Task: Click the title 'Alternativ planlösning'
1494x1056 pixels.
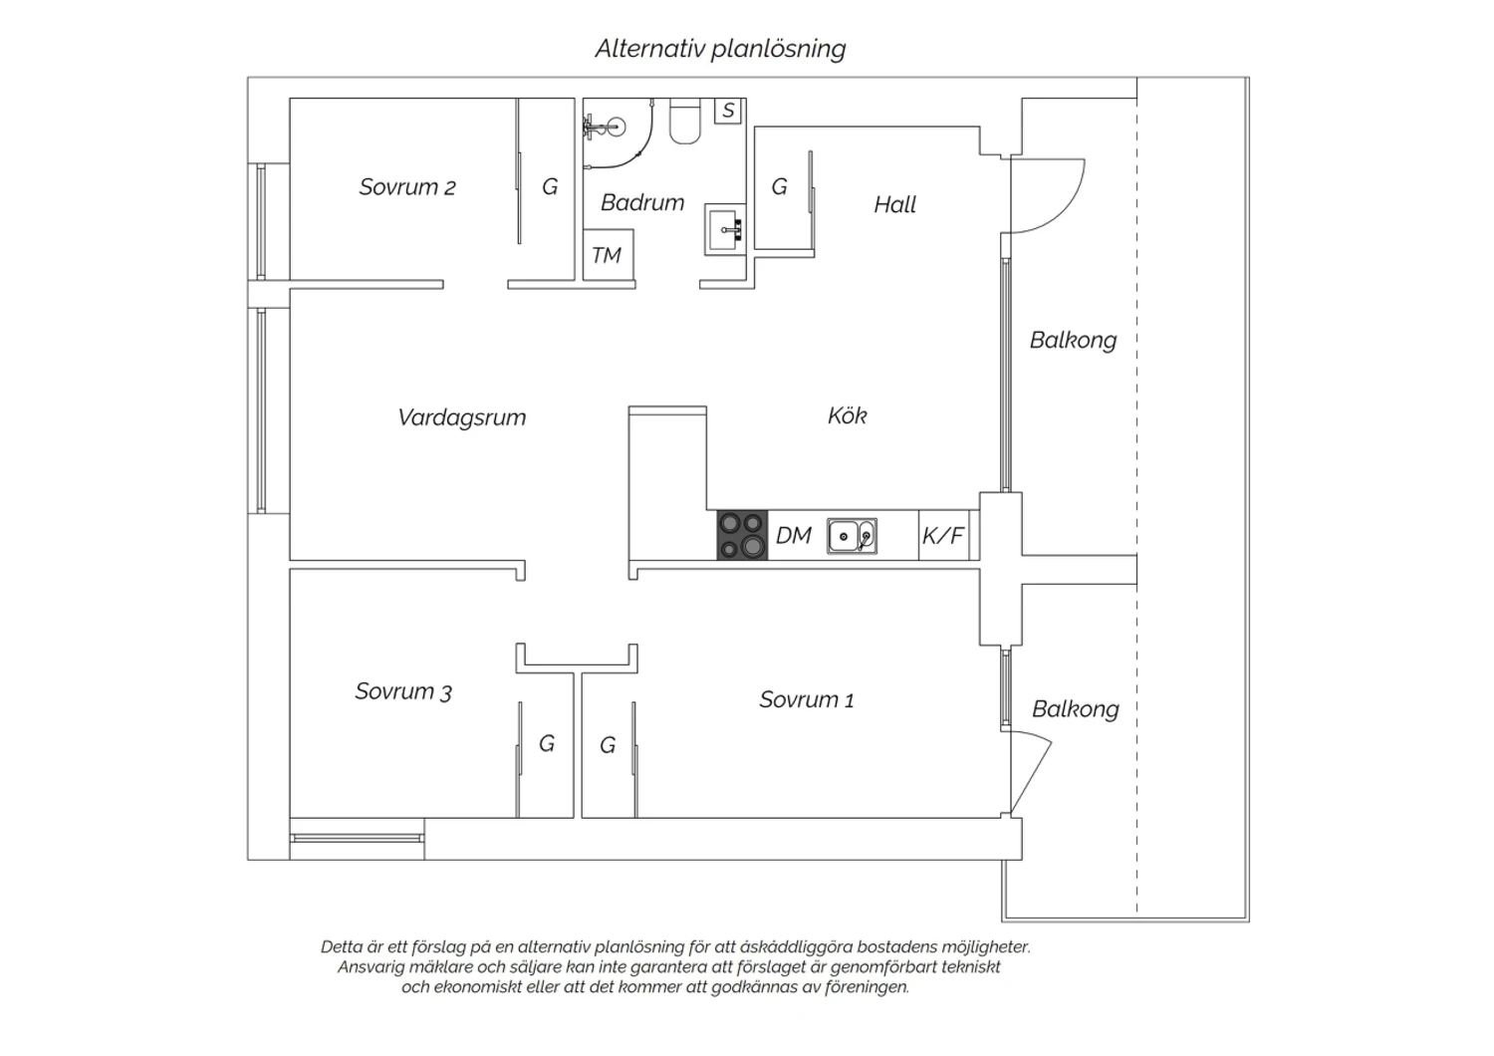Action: (x=720, y=49)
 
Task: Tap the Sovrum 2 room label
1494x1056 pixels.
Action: (x=406, y=186)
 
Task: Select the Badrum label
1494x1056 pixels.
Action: (x=642, y=202)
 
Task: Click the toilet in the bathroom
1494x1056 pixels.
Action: (x=685, y=122)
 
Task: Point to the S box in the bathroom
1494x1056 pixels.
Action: (x=729, y=110)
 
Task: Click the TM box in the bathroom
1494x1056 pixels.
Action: (x=608, y=255)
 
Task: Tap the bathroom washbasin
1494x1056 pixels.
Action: (x=724, y=229)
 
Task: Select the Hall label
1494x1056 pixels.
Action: (x=895, y=205)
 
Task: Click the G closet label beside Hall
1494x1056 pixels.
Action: (x=779, y=186)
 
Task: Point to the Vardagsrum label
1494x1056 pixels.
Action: (x=461, y=417)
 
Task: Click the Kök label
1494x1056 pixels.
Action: (x=847, y=415)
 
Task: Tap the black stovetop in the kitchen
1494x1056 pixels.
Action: (x=742, y=535)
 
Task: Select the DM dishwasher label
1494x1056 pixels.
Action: (x=793, y=535)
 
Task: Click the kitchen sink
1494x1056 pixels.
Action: (x=852, y=536)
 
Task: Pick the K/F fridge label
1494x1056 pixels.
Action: (x=943, y=535)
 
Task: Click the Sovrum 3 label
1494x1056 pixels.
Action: (x=402, y=691)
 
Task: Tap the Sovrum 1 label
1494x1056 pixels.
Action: (x=807, y=699)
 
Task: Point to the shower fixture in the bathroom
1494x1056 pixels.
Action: (x=603, y=127)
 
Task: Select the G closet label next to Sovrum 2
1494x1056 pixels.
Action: (x=550, y=186)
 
